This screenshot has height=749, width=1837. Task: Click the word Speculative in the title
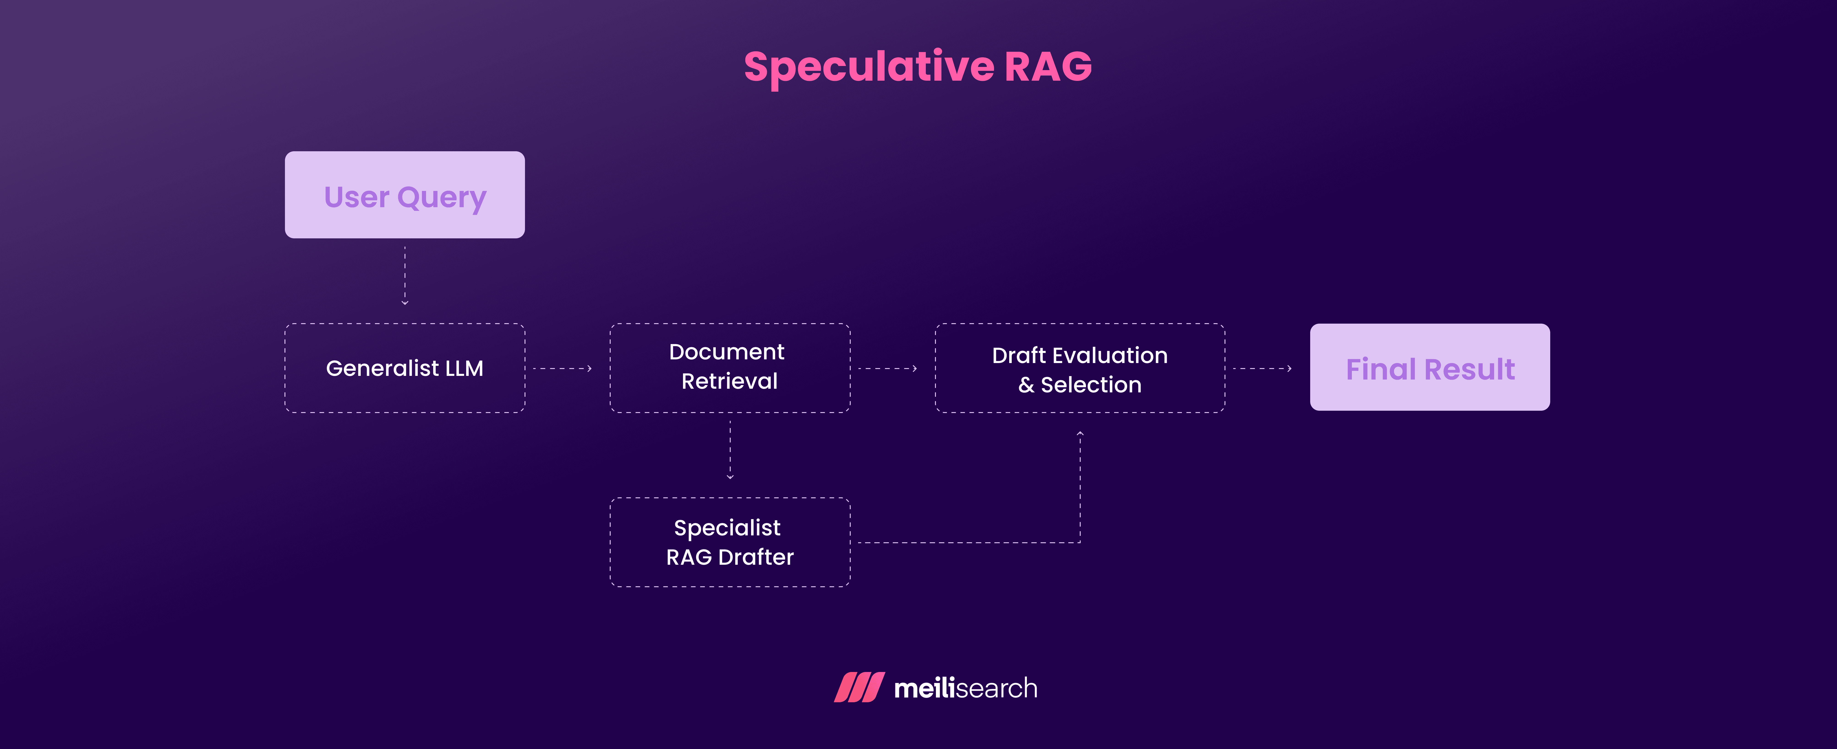869,67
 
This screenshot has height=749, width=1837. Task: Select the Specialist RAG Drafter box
730,542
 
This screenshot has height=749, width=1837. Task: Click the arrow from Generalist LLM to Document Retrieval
563,369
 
